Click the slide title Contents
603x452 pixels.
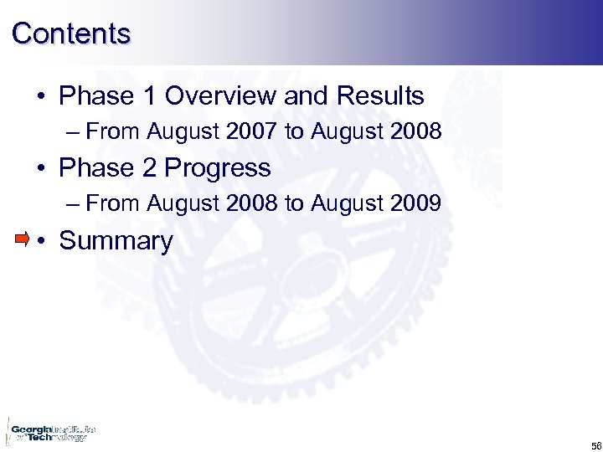[71, 33]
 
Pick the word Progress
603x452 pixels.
[218, 168]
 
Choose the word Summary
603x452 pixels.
[116, 241]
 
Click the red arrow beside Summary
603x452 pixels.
[23, 239]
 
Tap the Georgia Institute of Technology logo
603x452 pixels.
[50, 432]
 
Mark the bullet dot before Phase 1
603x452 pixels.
[40, 97]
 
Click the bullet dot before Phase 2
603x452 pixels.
[40, 169]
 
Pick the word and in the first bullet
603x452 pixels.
[307, 96]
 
